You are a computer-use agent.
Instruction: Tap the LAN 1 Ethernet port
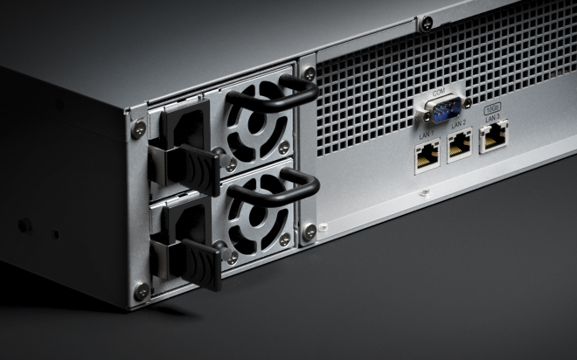[427, 156]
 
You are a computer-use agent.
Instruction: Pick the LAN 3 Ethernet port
[492, 136]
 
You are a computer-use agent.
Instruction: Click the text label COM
[438, 92]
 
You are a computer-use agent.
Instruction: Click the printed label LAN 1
[427, 135]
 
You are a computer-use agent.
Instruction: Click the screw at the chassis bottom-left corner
[141, 291]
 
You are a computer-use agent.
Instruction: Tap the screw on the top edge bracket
[426, 24]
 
